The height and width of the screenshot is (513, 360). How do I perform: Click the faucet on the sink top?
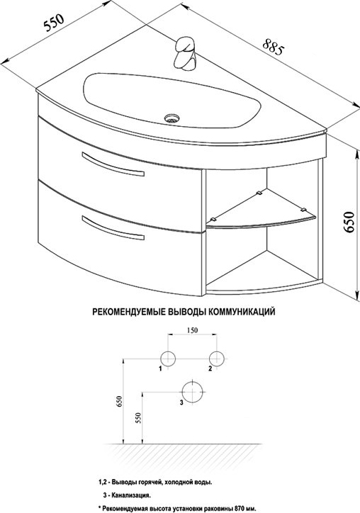tap(185, 53)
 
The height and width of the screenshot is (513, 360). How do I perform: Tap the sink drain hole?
tap(171, 118)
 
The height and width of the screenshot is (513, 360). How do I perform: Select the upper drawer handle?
tap(113, 164)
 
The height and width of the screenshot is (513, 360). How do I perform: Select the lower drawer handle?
tap(113, 227)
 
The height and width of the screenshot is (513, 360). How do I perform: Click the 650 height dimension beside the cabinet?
tap(349, 222)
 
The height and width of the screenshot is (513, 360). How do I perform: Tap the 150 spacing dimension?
tap(192, 330)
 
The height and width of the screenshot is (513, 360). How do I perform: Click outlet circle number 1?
tap(168, 359)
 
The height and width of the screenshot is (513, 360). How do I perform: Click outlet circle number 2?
tap(217, 359)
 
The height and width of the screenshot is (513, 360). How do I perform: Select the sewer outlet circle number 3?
tap(193, 392)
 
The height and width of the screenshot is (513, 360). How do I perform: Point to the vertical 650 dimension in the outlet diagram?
tap(119, 402)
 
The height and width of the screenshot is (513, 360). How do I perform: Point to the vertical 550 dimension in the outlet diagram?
tap(137, 418)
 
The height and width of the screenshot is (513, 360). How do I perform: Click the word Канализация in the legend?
tap(131, 496)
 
